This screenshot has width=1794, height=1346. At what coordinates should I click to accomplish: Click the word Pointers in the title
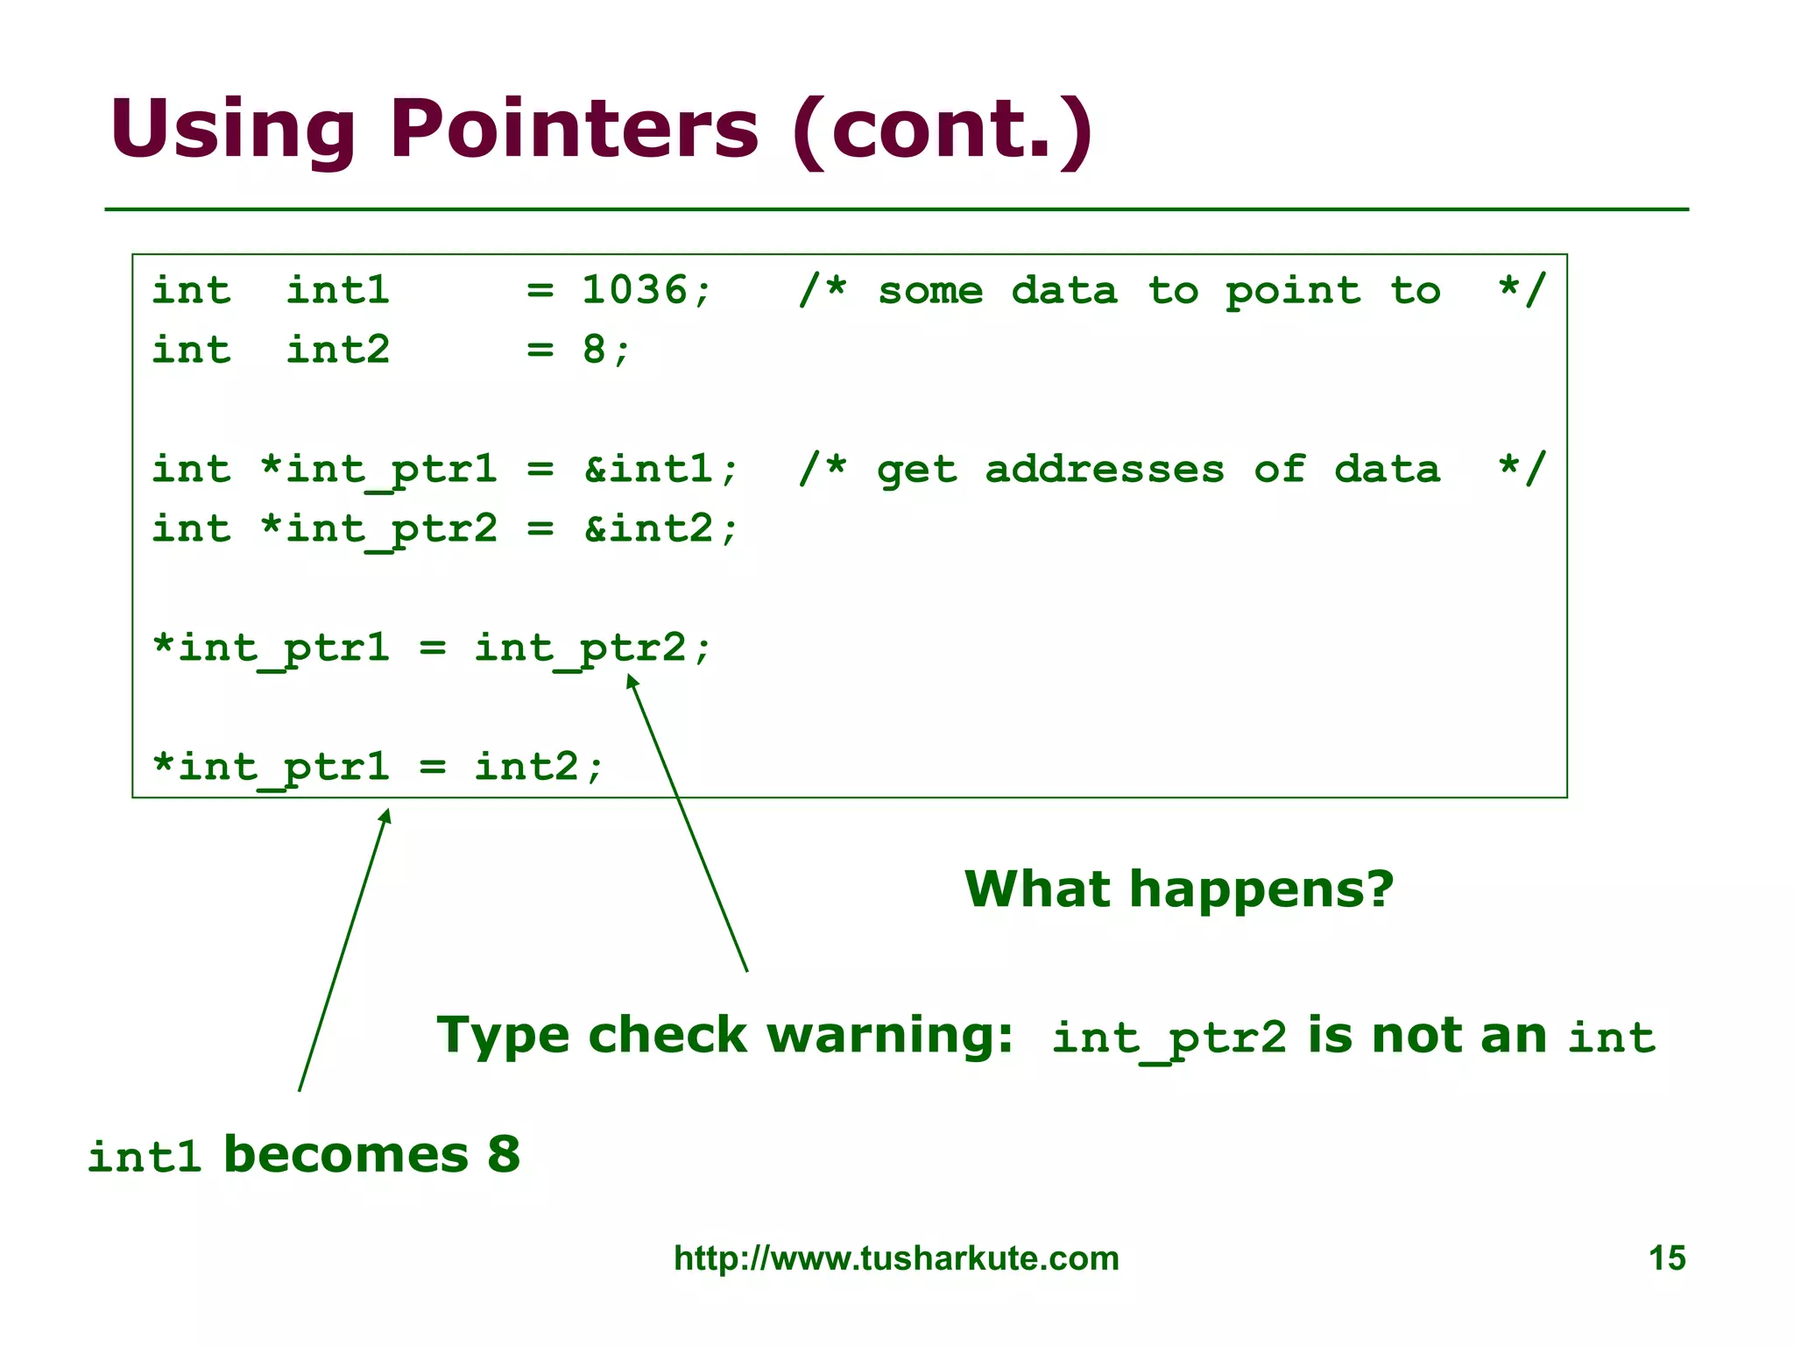coord(574,129)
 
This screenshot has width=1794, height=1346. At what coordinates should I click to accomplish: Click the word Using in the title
coord(232,129)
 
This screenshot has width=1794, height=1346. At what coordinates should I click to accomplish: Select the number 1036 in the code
coord(635,290)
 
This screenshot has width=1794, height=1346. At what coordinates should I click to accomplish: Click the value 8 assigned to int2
coord(594,350)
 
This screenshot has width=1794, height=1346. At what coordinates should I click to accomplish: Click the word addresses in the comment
coord(1104,469)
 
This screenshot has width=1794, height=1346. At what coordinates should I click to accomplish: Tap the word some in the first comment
coord(929,290)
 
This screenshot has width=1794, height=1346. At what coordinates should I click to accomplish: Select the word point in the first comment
coord(1293,290)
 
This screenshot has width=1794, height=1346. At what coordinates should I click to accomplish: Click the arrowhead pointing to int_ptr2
coord(632,681)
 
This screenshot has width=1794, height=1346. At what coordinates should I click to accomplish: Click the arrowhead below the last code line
coord(385,817)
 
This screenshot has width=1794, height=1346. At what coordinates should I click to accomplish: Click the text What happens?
coord(1178,889)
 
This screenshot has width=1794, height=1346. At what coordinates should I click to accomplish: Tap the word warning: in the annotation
coord(890,1035)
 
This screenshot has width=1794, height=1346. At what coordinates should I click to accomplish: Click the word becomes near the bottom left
coord(346,1154)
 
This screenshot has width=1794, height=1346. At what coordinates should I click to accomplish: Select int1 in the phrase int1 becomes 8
coord(145,1157)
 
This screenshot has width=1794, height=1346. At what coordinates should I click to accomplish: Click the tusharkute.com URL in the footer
coord(896,1258)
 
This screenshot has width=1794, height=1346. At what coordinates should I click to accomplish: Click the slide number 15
coord(1666,1258)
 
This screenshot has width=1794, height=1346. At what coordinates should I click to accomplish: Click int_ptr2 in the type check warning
coord(1169,1038)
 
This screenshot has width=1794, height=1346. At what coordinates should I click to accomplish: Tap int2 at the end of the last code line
coord(526,767)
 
